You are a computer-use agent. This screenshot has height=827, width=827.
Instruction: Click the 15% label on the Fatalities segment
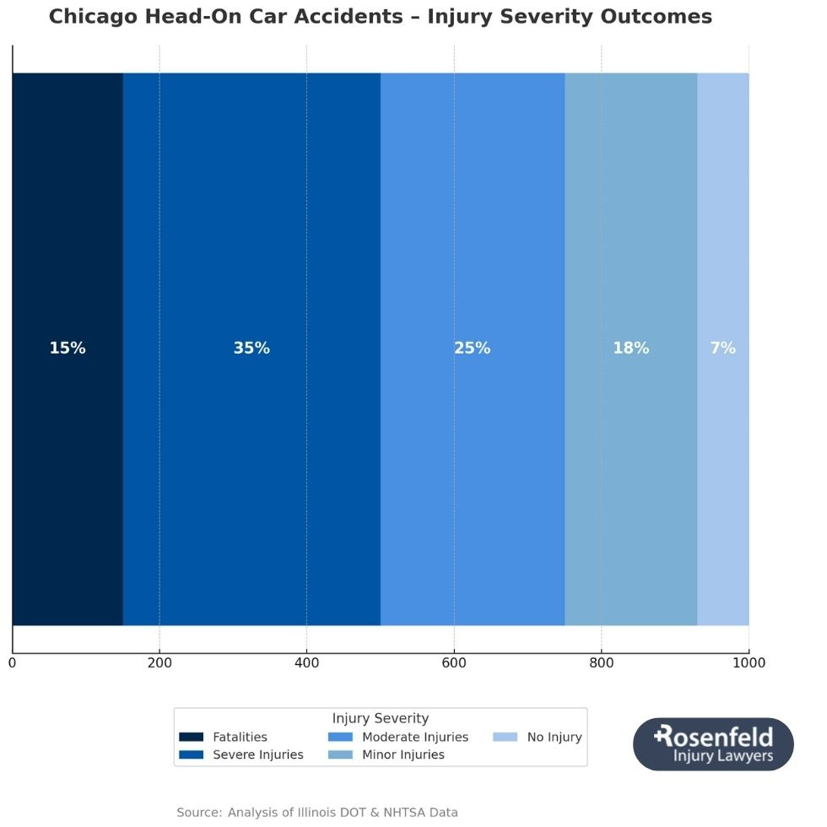68,349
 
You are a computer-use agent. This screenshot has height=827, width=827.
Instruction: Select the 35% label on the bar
251,349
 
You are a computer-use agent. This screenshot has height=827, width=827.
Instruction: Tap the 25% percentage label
472,349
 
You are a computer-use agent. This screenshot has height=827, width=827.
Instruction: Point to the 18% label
630,349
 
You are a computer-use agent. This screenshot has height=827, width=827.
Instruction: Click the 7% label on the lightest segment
722,349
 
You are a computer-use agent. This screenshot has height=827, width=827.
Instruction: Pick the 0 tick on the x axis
12,663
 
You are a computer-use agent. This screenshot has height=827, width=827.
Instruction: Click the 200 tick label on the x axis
159,663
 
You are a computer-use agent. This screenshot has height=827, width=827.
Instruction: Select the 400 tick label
306,663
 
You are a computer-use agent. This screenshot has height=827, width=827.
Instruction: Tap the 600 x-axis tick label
454,663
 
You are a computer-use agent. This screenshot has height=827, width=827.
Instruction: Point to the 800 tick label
601,663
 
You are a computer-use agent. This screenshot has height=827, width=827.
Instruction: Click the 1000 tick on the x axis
749,663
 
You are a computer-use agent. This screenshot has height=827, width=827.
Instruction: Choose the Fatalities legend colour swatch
192,738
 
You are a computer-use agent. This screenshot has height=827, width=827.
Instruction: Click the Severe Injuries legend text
257,755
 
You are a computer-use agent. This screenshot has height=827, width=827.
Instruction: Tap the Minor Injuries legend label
403,755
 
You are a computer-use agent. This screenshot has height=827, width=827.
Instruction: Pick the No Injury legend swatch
505,738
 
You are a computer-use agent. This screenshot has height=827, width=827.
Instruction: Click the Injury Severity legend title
380,719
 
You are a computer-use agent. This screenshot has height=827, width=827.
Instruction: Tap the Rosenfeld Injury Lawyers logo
713,744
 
